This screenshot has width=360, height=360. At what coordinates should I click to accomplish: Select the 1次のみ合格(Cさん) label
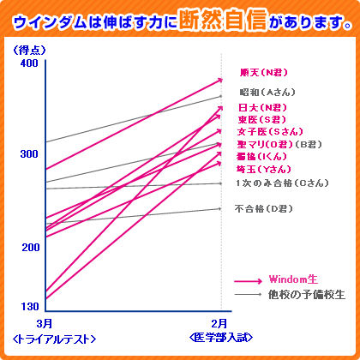coord(279,183)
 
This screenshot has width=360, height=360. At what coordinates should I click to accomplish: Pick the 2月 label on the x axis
coord(220,323)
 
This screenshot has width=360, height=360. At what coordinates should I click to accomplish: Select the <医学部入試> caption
coord(221,337)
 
